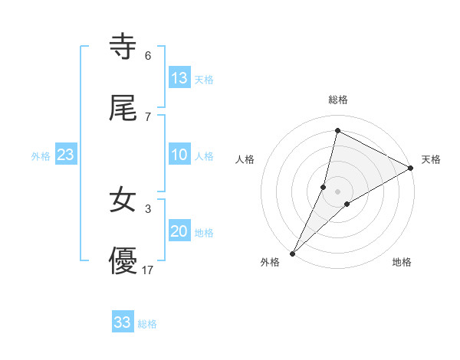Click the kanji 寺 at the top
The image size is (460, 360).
click(123, 47)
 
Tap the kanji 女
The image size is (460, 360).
click(123, 201)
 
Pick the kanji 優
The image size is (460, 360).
click(123, 262)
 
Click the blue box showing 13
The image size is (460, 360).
click(179, 77)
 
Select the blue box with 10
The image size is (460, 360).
click(179, 155)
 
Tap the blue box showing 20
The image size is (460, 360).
click(179, 231)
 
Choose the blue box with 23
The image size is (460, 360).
click(66, 155)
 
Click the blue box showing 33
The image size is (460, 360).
click(123, 322)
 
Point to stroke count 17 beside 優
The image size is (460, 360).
click(149, 270)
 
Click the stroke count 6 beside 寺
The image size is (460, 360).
click(148, 56)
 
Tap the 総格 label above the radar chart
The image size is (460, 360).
click(337, 100)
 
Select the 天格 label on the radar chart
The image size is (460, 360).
click(431, 159)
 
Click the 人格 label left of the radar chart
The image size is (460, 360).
click(245, 159)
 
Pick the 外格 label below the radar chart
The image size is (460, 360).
click(270, 262)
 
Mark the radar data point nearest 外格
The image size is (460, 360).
click(292, 253)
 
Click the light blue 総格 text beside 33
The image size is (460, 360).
click(147, 324)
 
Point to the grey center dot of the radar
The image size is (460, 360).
click(337, 191)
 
